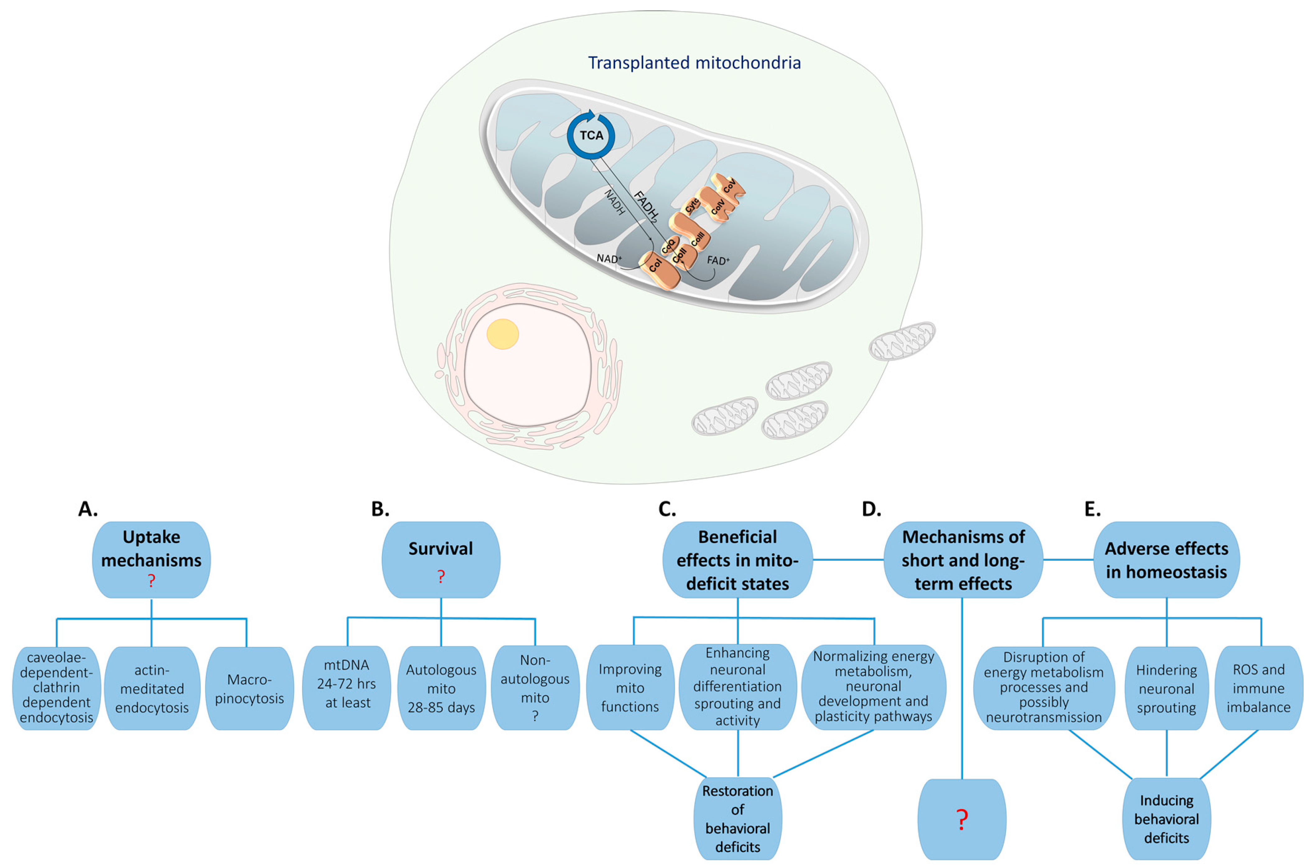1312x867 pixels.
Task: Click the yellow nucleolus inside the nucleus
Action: (x=502, y=334)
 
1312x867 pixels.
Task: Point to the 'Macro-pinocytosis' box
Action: (x=249, y=688)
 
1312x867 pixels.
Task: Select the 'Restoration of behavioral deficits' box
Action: (x=737, y=818)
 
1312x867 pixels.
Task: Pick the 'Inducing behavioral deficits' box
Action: (x=1166, y=819)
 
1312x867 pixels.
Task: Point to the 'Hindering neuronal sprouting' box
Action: (x=1166, y=688)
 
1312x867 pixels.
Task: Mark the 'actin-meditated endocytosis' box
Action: (x=152, y=688)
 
